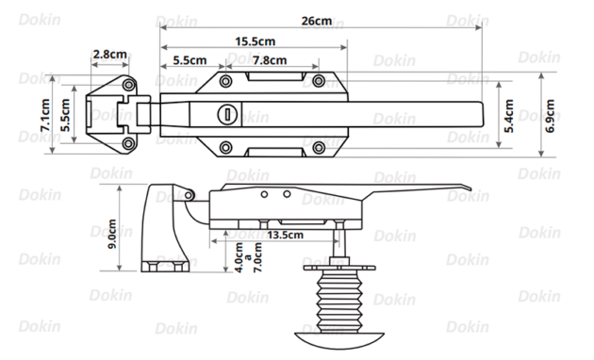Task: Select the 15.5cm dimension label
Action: coord(256,41)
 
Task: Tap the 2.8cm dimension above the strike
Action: coord(110,55)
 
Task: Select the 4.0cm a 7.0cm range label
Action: coord(246,256)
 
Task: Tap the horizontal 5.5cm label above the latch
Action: coord(185,60)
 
